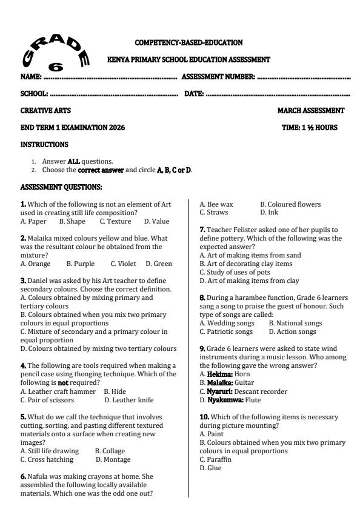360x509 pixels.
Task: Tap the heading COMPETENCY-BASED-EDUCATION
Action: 188,42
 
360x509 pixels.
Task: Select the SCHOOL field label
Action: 34,94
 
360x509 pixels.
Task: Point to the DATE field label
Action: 194,94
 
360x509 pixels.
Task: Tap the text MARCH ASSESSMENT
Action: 311,111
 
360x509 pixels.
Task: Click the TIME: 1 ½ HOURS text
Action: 310,128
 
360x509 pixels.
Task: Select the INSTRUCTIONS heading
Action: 44,145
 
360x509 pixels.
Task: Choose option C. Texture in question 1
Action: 115,222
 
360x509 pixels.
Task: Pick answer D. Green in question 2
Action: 159,264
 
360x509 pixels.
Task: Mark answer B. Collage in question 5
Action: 108,451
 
